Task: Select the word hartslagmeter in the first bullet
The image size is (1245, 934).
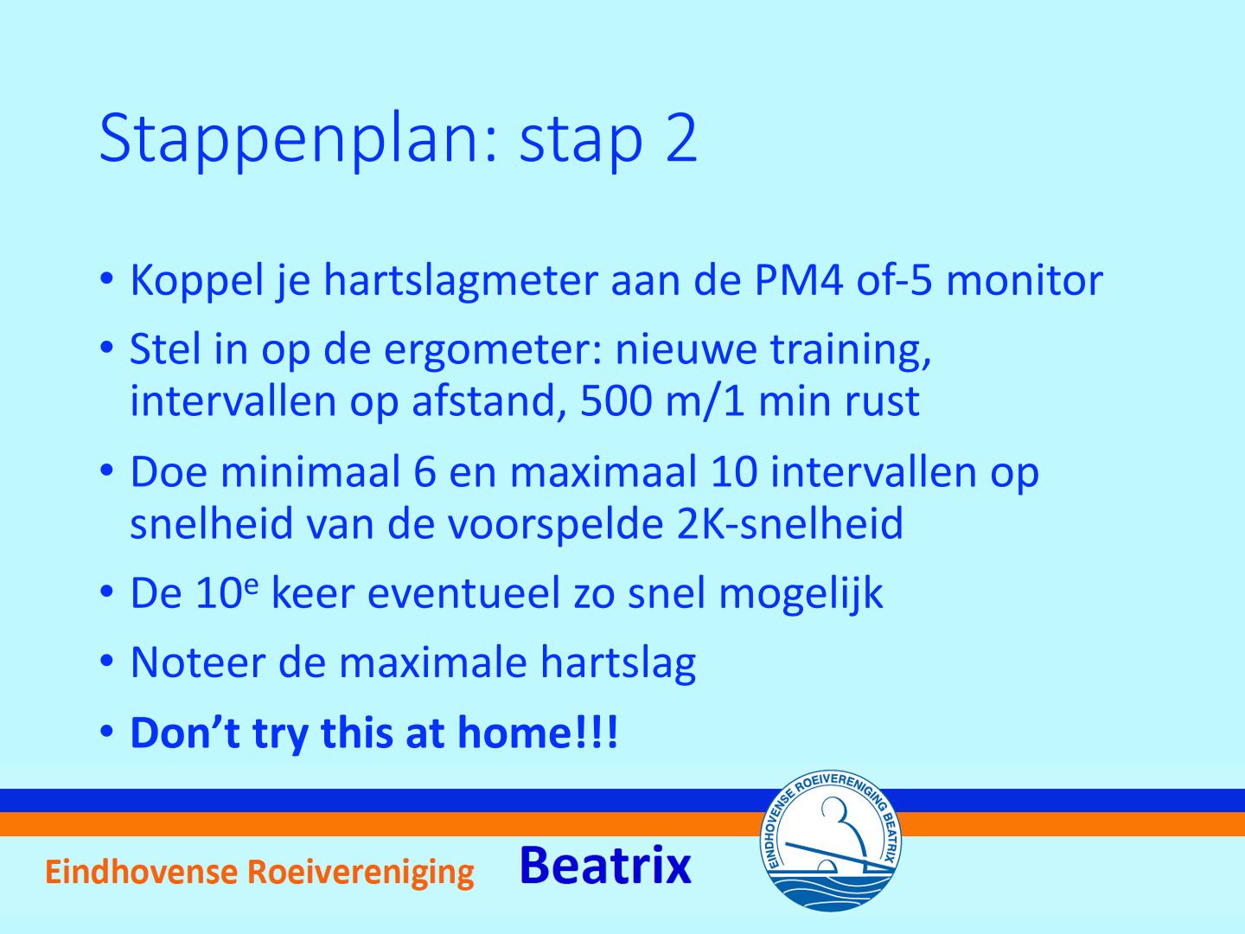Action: click(461, 282)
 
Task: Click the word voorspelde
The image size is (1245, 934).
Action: click(556, 526)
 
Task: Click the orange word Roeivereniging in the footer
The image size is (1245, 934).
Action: click(361, 873)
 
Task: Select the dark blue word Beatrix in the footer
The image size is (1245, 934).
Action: click(605, 865)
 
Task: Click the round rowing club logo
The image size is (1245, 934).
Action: click(830, 841)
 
